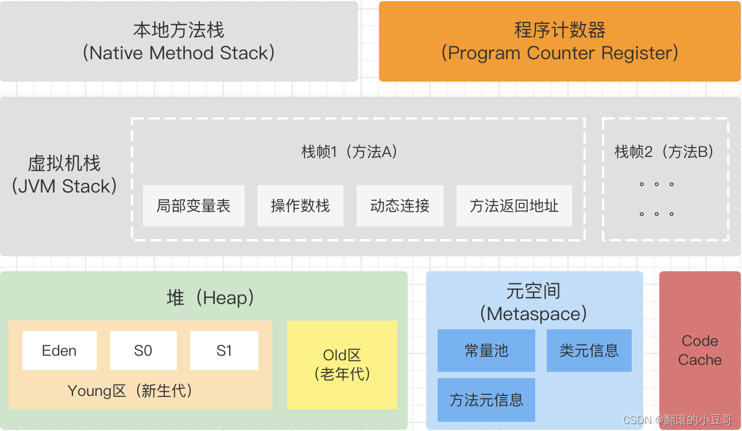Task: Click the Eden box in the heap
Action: [x=59, y=351]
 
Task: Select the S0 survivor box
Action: [x=143, y=351]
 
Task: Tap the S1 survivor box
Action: [x=224, y=351]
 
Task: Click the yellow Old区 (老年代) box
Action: [x=342, y=364]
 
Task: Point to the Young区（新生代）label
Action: [x=130, y=391]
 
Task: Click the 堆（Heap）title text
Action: [x=210, y=298]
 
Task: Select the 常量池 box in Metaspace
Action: [x=486, y=351]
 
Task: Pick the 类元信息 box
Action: [x=589, y=351]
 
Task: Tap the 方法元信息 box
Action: [x=486, y=400]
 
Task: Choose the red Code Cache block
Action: [x=700, y=351]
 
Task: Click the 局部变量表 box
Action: [x=194, y=206]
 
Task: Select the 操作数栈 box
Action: [x=300, y=206]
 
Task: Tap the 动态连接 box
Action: [x=400, y=206]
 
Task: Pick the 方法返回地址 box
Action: [x=514, y=206]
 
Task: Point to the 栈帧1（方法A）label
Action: [x=350, y=152]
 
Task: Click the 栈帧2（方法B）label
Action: [x=665, y=152]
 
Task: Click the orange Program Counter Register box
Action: [x=559, y=41]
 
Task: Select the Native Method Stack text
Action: [x=179, y=53]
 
